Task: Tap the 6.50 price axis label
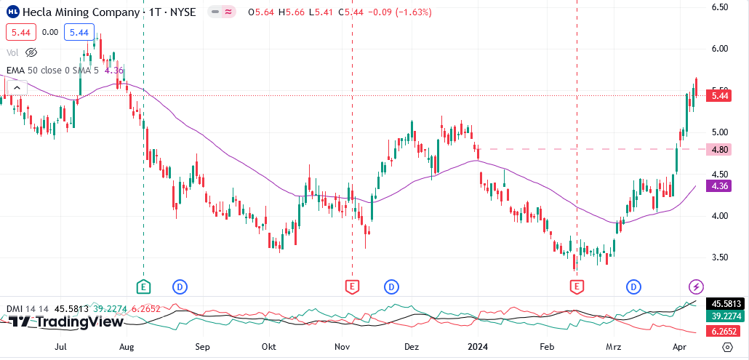click(x=720, y=7)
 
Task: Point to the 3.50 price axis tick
click(x=720, y=257)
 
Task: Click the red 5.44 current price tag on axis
click(x=720, y=96)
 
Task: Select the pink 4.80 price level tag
click(x=720, y=149)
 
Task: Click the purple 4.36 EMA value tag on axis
click(x=720, y=186)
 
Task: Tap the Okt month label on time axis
click(x=270, y=348)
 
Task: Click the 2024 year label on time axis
click(x=477, y=348)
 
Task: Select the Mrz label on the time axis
click(x=614, y=348)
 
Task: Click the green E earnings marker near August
click(x=143, y=287)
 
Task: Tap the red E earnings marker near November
click(x=352, y=287)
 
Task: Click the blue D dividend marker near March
click(x=634, y=287)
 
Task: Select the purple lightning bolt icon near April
click(x=696, y=287)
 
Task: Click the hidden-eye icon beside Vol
click(x=31, y=52)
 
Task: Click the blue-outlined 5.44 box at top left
click(x=79, y=32)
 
